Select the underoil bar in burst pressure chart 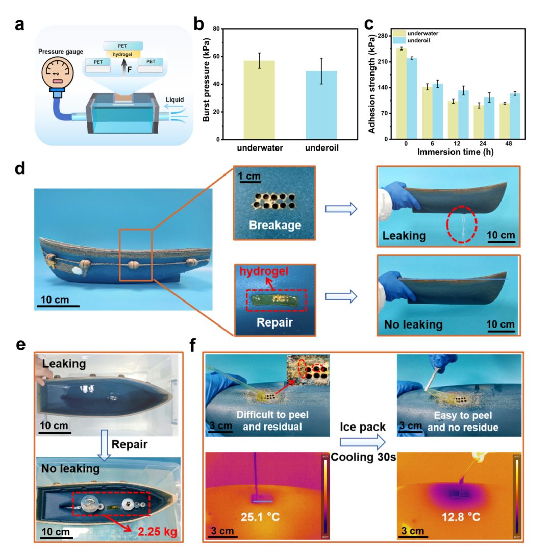point(321,105)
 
